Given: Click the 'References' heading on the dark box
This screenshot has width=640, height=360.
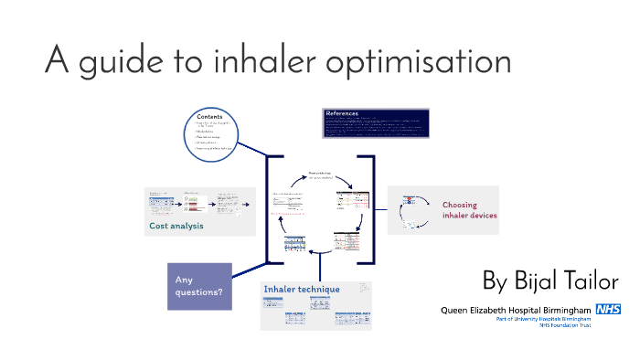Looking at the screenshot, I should (x=344, y=114).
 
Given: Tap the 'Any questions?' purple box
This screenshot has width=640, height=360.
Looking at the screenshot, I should (x=199, y=285).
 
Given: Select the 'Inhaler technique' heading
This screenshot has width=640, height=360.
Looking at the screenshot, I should (x=302, y=289).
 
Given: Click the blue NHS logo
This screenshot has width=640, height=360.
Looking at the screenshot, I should (x=608, y=310).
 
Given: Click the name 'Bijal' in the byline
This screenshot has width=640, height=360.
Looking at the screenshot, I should (x=543, y=281).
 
